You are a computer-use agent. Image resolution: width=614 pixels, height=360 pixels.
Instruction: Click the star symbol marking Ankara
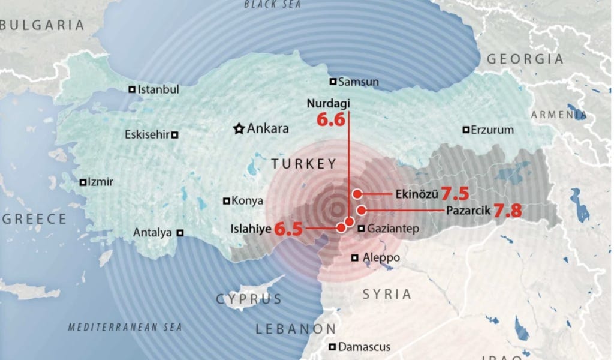coord(239,128)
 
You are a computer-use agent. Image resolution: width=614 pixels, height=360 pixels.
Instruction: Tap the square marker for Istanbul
coord(132,89)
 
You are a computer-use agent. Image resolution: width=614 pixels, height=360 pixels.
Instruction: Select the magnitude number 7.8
coord(507,211)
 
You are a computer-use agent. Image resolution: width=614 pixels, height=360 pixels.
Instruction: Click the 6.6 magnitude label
coord(331,119)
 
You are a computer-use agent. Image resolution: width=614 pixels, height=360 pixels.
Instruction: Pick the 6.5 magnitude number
coord(288,228)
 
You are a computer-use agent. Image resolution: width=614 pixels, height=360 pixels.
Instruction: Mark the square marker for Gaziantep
coord(361,228)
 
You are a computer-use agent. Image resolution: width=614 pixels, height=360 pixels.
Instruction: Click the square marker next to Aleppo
coord(355,258)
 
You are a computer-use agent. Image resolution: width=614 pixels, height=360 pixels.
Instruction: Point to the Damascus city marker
coord(332,346)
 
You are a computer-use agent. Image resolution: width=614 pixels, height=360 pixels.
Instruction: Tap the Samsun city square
coord(332,82)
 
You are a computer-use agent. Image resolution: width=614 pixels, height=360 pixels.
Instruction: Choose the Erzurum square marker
coord(465,130)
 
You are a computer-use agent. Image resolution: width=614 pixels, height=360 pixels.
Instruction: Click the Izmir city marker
coord(83,182)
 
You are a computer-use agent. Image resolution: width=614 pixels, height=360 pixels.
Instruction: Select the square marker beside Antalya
coord(180,232)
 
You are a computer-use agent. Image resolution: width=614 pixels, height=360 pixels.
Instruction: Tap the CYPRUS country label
coord(248,299)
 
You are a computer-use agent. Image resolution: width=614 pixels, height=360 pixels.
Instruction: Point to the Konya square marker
coord(226,201)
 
